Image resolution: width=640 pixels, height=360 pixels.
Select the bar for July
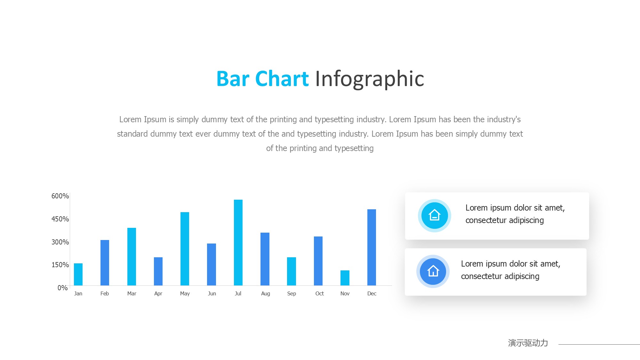click(238, 243)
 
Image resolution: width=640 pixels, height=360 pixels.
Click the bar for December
click(372, 247)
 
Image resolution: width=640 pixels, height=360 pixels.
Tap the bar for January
click(78, 274)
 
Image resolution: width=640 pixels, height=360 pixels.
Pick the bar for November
click(345, 278)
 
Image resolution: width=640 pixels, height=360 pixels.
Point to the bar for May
click(185, 249)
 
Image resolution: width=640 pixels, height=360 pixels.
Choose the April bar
click(158, 271)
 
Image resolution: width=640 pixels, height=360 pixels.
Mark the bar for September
click(292, 271)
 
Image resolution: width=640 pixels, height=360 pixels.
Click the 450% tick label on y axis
click(60, 219)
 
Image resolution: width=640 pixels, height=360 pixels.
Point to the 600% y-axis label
click(60, 196)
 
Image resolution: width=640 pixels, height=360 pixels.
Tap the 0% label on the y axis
click(63, 288)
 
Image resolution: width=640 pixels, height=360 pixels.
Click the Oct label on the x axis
click(319, 293)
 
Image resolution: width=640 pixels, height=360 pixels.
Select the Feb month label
click(105, 293)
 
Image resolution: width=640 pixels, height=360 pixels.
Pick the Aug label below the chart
click(266, 294)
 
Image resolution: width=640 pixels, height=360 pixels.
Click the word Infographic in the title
click(370, 79)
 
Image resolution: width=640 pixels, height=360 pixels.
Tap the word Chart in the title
click(282, 79)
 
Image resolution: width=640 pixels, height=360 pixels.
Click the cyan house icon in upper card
click(435, 215)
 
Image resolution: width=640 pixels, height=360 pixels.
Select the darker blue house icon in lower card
click(433, 271)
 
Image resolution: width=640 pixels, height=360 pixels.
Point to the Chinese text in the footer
click(528, 343)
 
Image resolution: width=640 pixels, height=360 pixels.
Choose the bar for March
click(132, 257)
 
